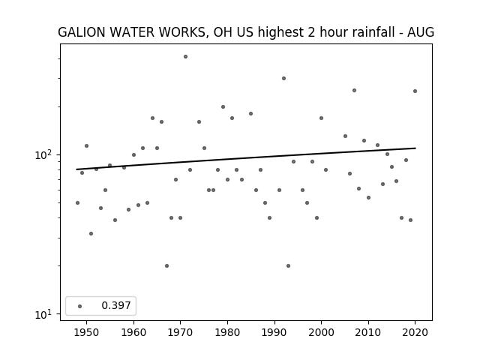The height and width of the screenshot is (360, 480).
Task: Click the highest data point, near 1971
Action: pos(185,57)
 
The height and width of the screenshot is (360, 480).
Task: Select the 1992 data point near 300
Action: pos(283,78)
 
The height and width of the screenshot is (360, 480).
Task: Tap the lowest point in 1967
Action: pos(166,265)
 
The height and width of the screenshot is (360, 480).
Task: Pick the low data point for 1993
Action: pos(288,265)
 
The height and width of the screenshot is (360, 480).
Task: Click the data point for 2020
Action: pos(415,91)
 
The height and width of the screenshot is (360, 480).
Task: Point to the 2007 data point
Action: pos(354,90)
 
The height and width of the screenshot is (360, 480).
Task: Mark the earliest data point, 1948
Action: pos(77,202)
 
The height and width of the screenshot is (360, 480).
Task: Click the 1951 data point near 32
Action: pos(91,233)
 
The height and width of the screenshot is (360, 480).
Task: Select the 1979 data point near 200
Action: pos(223,106)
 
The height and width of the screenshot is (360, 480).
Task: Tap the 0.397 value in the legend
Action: pos(116,305)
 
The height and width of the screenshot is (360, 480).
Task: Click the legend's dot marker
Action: pos(80,306)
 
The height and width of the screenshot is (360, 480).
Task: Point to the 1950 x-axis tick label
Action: pos(87,332)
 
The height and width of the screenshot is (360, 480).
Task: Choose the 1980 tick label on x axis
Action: pos(227,332)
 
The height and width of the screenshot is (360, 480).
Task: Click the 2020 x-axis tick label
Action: pos(415,332)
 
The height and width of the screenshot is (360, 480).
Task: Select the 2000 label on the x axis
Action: pos(321,332)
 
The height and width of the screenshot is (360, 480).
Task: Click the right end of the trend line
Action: pos(415,148)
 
